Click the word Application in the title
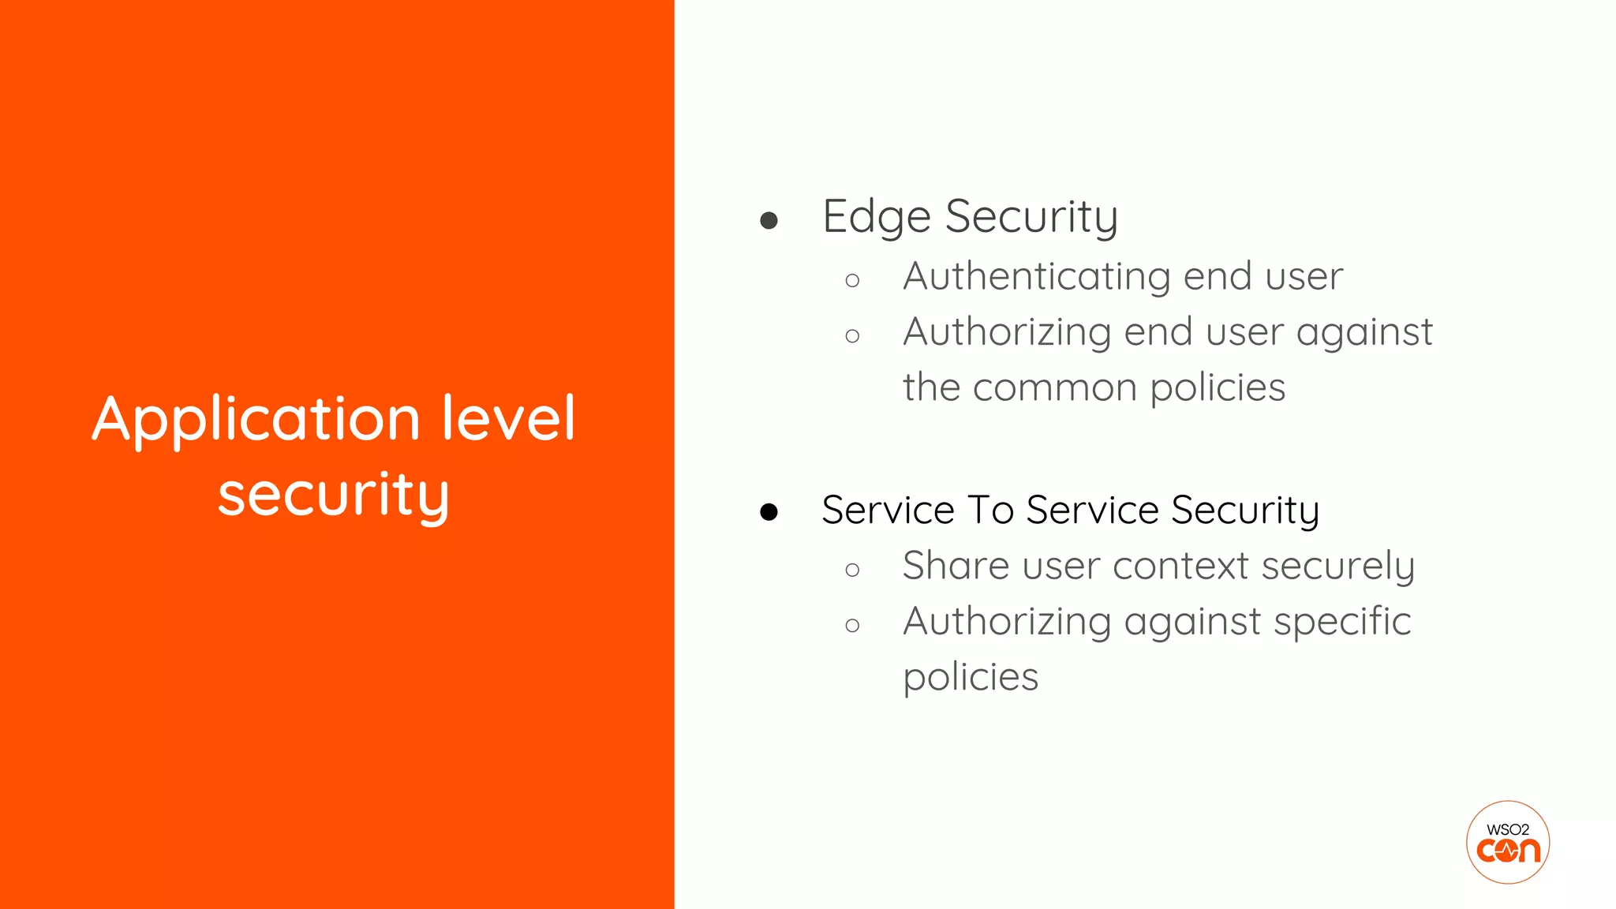(x=256, y=419)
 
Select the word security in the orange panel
(x=333, y=495)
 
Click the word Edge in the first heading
(x=876, y=217)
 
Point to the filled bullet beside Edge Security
(x=769, y=220)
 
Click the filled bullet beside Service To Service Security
(x=769, y=513)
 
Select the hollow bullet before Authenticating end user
(x=851, y=280)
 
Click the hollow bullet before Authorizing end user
(x=851, y=336)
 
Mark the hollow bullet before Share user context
(x=851, y=570)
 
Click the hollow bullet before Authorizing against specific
(x=851, y=626)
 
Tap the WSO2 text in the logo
(x=1507, y=829)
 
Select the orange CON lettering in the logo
(x=1508, y=851)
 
